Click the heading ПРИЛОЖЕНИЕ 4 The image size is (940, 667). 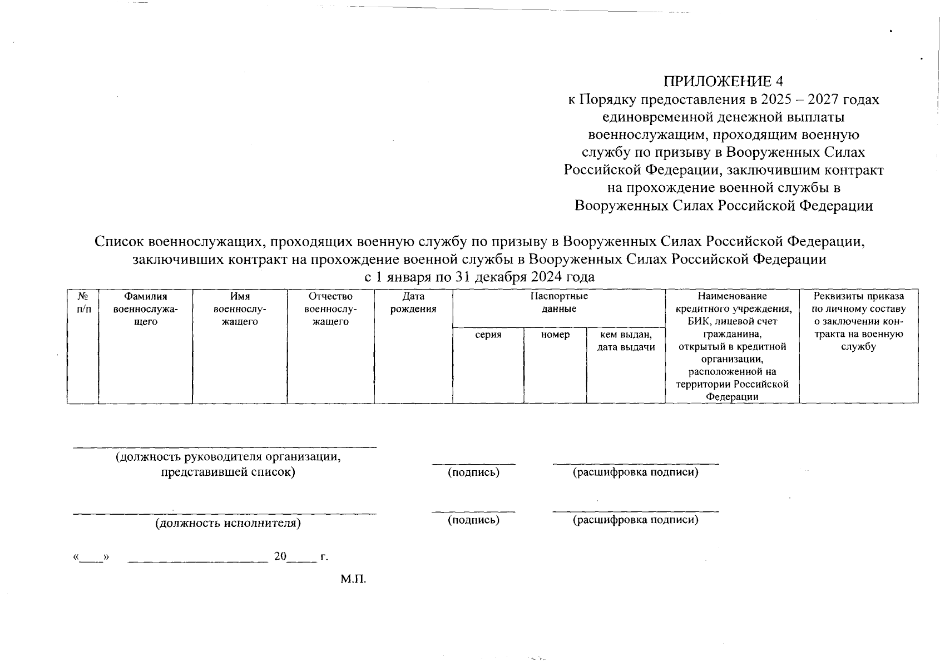[723, 81]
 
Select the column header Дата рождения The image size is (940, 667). [413, 303]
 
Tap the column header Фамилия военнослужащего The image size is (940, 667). [145, 309]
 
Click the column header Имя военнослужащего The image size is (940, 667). [239, 309]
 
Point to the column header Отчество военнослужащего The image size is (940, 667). [330, 309]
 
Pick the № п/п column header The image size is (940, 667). [82, 303]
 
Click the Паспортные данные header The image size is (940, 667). [558, 303]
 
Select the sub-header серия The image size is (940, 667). [488, 335]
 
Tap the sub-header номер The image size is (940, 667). [555, 335]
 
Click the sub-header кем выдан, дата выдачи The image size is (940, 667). [625, 341]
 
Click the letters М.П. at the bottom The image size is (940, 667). [354, 579]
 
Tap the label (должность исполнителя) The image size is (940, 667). [228, 523]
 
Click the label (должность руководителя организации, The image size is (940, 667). [228, 457]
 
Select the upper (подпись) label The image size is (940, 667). [473, 472]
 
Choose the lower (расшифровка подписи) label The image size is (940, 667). [635, 520]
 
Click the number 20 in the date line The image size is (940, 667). [280, 556]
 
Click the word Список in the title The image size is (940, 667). [120, 242]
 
